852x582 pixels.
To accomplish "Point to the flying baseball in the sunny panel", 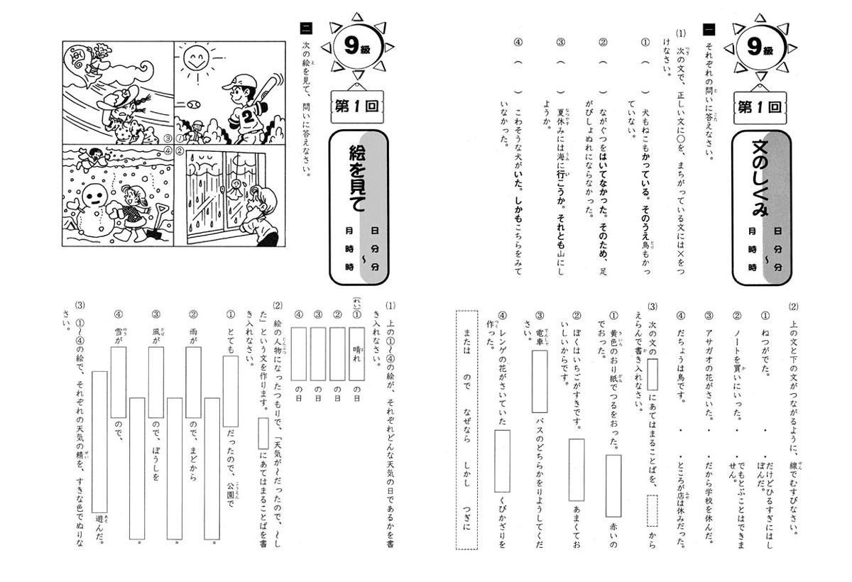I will [193, 104].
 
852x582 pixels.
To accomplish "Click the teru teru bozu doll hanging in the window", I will [234, 191].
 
